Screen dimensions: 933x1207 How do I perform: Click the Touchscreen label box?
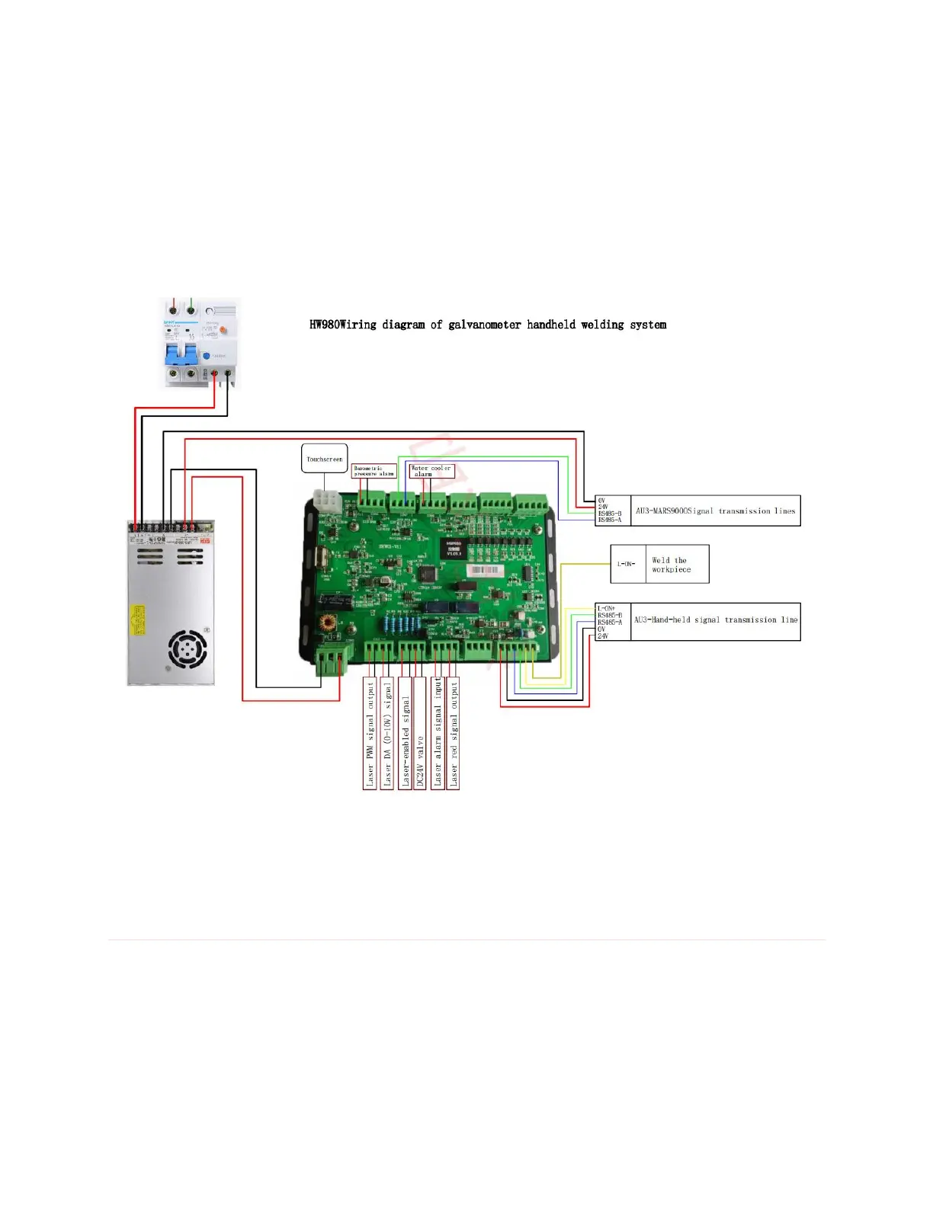click(325, 459)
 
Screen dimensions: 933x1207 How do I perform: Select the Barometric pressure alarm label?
click(374, 471)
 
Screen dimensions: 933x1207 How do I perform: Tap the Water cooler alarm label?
click(431, 471)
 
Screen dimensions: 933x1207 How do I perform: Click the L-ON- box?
click(627, 564)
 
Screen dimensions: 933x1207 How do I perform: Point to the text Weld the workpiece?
click(672, 565)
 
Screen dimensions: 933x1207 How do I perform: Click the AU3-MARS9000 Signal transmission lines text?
click(715, 511)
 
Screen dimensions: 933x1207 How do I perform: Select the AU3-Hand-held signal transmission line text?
click(715, 620)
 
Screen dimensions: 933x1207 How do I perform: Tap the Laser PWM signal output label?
click(370, 733)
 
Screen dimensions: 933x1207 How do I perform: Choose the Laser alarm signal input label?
click(438, 733)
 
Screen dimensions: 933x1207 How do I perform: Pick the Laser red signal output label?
click(454, 733)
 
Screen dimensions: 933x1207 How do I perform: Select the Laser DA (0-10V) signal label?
click(387, 733)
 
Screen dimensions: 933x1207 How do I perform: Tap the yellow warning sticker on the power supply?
click(138, 620)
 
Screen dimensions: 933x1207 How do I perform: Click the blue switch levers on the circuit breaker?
click(181, 353)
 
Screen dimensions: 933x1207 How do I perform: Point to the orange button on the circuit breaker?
click(224, 331)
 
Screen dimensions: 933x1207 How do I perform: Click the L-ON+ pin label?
click(606, 609)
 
